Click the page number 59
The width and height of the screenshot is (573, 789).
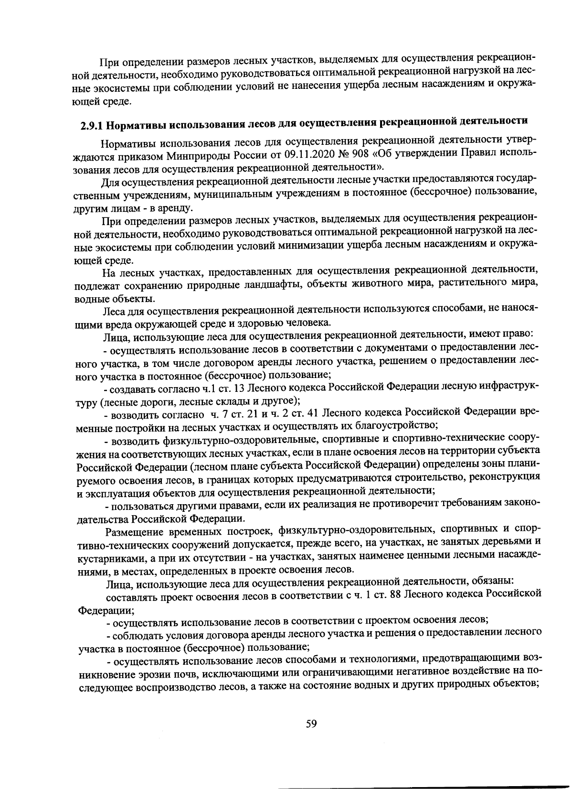[x=311, y=724]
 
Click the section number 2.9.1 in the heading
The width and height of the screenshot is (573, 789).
[x=91, y=126]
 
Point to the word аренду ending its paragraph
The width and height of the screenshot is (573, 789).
[x=176, y=208]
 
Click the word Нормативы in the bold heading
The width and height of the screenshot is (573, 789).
[x=133, y=126]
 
